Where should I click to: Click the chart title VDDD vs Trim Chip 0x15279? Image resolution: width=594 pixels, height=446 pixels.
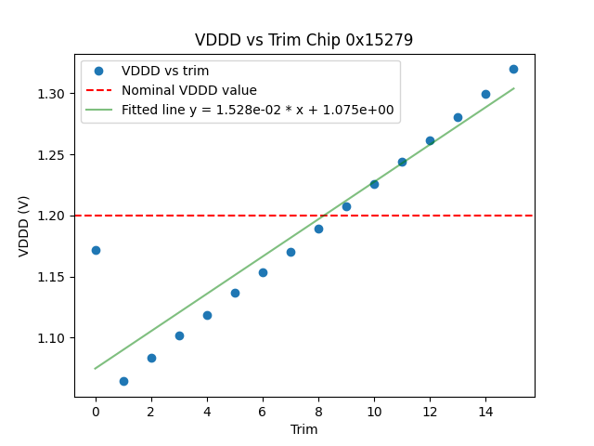(x=303, y=40)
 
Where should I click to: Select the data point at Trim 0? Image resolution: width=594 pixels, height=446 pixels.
(x=96, y=250)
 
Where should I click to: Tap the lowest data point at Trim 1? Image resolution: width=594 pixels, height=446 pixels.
(x=123, y=381)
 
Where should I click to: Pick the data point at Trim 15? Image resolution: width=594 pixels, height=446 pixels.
(x=513, y=69)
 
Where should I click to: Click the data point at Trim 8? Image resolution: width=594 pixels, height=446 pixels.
(x=318, y=229)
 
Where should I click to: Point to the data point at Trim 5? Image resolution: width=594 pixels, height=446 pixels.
(x=235, y=293)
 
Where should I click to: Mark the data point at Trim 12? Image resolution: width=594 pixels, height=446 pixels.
(x=430, y=140)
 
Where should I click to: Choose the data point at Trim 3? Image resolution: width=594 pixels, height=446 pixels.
(x=179, y=335)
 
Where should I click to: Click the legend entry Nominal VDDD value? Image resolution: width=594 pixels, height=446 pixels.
(x=189, y=90)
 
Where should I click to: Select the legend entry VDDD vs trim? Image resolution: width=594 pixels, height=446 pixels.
(x=165, y=71)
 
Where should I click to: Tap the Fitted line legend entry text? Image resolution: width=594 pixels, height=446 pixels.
(x=258, y=110)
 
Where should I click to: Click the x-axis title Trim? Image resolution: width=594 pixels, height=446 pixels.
(x=303, y=429)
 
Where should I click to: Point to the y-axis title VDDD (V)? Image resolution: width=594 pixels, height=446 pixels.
(x=24, y=226)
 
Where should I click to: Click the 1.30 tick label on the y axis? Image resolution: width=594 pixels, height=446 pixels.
(x=52, y=94)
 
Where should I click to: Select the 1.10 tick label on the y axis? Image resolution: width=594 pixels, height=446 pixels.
(x=52, y=338)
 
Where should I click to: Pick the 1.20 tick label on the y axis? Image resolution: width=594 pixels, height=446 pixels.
(x=52, y=216)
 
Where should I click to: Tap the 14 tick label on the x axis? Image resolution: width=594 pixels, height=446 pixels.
(x=485, y=411)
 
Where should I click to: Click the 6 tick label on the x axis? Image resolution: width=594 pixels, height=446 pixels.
(x=263, y=411)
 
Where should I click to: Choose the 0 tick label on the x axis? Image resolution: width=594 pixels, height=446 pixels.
(x=96, y=411)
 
